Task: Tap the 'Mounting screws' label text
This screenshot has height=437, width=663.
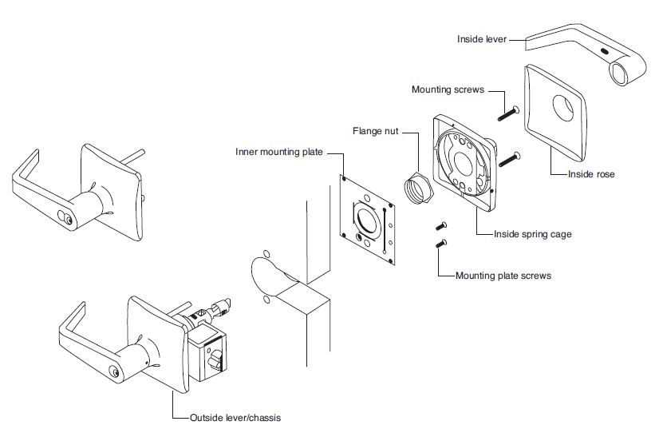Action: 448,89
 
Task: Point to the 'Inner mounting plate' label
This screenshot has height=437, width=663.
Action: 278,151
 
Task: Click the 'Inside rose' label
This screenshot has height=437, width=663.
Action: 591,173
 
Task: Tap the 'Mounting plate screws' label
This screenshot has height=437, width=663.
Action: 503,276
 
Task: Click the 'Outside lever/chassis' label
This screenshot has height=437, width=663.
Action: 235,418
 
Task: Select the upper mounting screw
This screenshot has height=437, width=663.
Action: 507,112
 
